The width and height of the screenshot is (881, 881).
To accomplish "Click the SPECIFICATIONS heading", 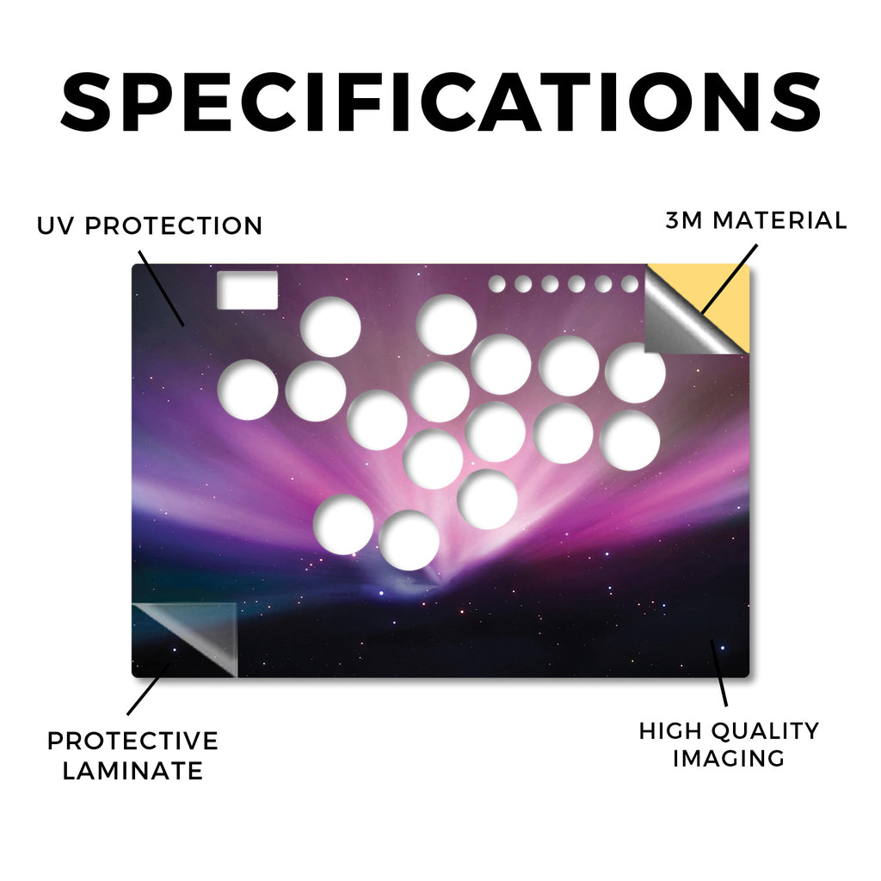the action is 440,102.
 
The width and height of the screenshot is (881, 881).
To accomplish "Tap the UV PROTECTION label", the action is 150,226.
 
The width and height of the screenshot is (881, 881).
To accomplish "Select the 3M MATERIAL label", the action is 755,220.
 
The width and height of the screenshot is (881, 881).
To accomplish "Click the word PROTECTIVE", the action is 132,741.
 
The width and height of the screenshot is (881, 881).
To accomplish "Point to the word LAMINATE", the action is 132,770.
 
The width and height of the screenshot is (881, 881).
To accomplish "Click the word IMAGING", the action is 729,759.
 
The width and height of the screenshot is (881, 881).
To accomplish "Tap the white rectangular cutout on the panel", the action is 247,290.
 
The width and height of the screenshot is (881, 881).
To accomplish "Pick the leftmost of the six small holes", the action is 496,284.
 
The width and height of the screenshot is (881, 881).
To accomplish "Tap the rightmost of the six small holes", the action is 630,284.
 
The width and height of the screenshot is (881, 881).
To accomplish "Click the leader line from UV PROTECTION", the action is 161,288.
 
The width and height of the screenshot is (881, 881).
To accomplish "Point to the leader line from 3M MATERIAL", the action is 730,279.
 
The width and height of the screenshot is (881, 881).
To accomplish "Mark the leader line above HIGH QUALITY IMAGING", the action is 719,673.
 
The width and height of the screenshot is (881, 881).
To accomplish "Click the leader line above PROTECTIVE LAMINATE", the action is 148,688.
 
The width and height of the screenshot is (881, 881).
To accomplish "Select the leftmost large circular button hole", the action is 248,390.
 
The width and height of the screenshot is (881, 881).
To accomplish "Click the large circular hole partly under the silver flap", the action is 635,372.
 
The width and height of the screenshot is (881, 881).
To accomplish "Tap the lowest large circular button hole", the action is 409,540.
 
